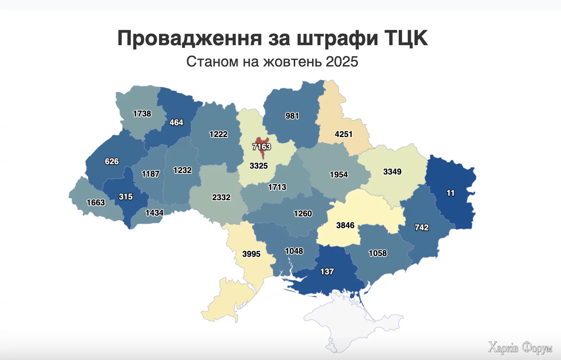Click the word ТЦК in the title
point(406,38)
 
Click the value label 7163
point(261,147)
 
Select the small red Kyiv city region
point(262,141)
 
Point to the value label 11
point(450,193)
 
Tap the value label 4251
point(343,134)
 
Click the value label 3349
point(392,172)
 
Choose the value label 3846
point(345,226)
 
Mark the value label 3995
point(251,254)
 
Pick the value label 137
point(327,272)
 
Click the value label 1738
point(142,114)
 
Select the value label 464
point(176,123)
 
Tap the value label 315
point(126,197)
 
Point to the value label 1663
point(95,203)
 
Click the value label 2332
point(221,198)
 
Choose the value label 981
point(292,116)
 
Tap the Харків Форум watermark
point(520,347)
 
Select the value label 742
point(421,228)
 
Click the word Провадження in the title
point(189,38)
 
